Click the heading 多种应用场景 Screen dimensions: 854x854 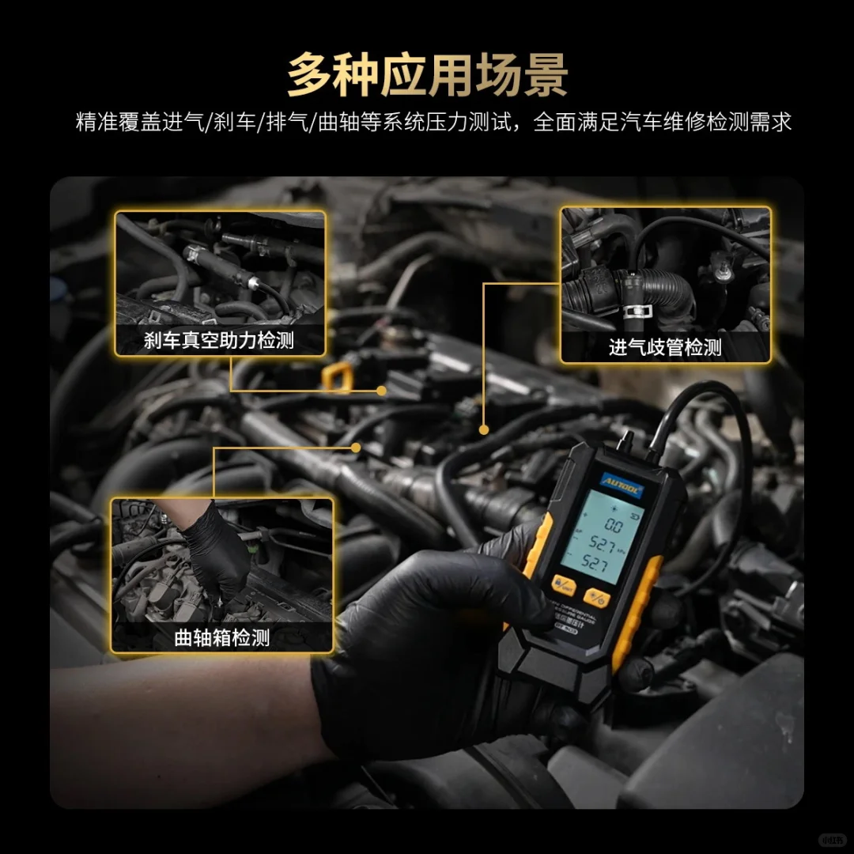(x=427, y=74)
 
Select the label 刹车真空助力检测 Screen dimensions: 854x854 (x=219, y=341)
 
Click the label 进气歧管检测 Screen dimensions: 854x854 (x=664, y=347)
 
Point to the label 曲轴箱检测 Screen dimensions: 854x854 (x=221, y=637)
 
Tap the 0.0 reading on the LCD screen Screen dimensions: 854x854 (x=613, y=524)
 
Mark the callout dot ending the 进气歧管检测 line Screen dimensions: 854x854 (x=483, y=429)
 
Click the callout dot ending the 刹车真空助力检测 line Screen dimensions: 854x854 (x=381, y=390)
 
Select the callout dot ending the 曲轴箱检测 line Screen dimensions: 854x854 (x=356, y=447)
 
